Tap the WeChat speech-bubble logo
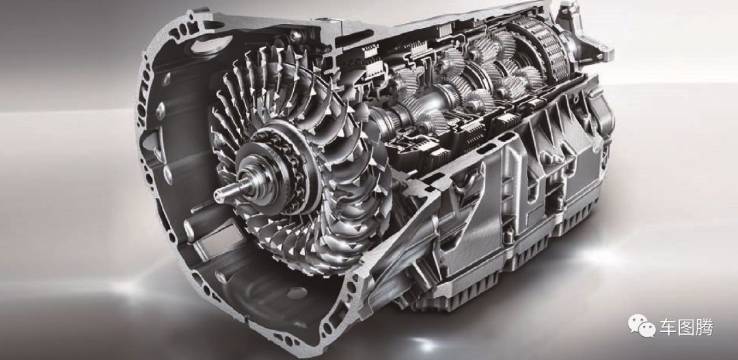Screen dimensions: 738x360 tap(642, 326)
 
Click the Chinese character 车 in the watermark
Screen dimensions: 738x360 tap(668, 327)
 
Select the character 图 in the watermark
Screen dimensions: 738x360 tap(686, 327)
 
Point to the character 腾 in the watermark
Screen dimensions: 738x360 tap(705, 327)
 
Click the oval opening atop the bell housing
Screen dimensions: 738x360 tap(211, 44)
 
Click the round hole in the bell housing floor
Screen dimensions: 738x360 tap(297, 292)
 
